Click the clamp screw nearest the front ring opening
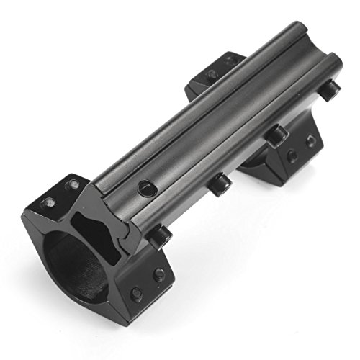[160, 235]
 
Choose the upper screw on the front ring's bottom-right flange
[158, 274]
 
